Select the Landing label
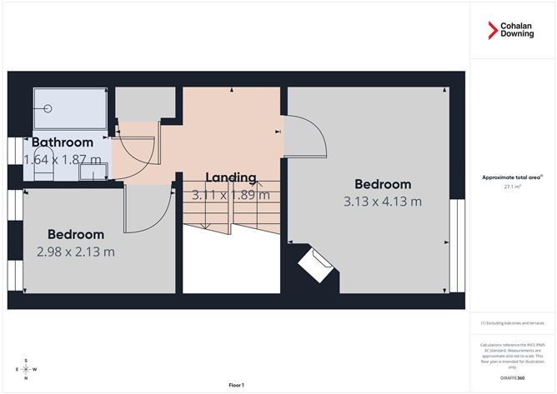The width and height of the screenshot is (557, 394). click(231, 177)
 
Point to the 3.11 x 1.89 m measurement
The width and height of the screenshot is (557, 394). click(231, 195)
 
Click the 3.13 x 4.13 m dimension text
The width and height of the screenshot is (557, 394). click(383, 201)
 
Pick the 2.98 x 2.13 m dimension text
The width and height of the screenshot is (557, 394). click(75, 251)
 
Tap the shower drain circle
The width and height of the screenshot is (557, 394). click(48, 107)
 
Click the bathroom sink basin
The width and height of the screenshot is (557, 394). click(93, 171)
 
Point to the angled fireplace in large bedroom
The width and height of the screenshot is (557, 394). click(318, 264)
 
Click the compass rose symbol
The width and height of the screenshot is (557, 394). click(26, 369)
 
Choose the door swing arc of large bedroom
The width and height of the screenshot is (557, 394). click(308, 133)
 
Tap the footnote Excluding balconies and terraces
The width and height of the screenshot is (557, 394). click(511, 322)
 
